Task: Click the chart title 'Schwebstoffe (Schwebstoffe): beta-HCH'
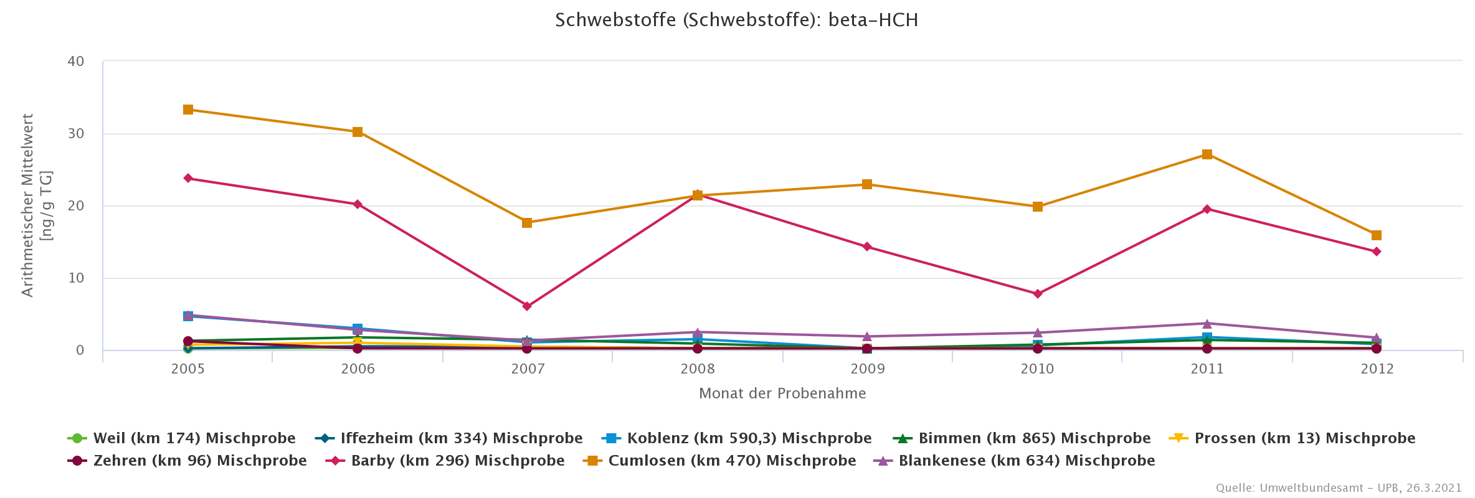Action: [x=736, y=20]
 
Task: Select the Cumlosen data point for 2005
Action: [x=188, y=110]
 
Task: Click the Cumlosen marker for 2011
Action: [x=1207, y=154]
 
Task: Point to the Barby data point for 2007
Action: [x=527, y=306]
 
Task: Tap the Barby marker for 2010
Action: [x=1038, y=294]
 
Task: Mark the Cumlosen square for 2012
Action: [x=1377, y=235]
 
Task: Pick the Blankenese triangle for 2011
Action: [x=1207, y=324]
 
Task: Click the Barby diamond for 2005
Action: [x=188, y=179]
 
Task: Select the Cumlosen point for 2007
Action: [x=527, y=223]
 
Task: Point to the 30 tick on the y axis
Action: [x=76, y=134]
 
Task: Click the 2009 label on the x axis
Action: [x=867, y=369]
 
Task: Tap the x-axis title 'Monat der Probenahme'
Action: [x=782, y=393]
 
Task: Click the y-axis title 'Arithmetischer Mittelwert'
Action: [x=28, y=205]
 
